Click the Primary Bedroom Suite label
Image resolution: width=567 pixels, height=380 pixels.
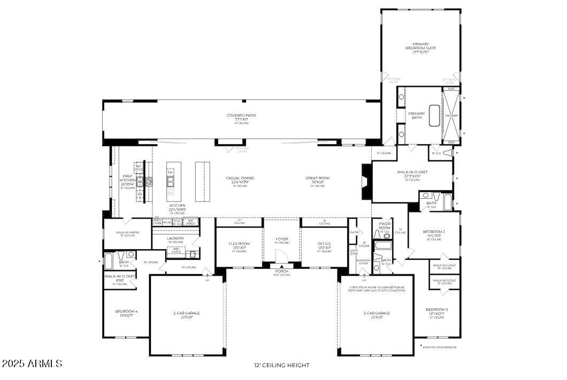(x=420, y=48)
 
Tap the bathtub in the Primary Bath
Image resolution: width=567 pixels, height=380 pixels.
(x=434, y=115)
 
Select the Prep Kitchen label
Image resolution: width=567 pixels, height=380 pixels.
(x=127, y=180)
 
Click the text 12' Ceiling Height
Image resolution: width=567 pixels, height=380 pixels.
(x=281, y=366)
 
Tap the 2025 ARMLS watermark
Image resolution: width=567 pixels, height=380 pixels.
(x=32, y=364)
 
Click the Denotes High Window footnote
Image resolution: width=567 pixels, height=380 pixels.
(x=440, y=347)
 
